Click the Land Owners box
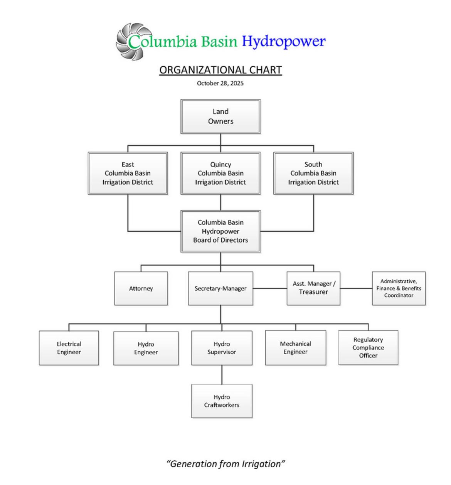[x=220, y=116]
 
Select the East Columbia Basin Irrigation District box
[x=128, y=173]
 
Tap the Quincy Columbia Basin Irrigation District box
[x=220, y=173]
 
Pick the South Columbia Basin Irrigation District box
[x=313, y=173]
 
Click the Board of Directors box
[x=220, y=231]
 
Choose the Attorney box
[x=141, y=288]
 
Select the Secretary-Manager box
[x=220, y=288]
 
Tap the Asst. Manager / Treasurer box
[x=313, y=288]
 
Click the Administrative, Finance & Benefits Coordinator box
[x=399, y=288]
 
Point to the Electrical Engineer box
[x=69, y=348]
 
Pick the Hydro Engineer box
[x=146, y=348]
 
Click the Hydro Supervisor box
[x=222, y=348]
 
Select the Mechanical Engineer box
[x=296, y=348]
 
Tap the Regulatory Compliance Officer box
[x=368, y=347]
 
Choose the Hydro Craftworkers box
[x=222, y=401]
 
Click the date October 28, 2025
[x=220, y=83]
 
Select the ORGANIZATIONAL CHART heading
[x=220, y=70]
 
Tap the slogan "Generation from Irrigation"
[x=225, y=464]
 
